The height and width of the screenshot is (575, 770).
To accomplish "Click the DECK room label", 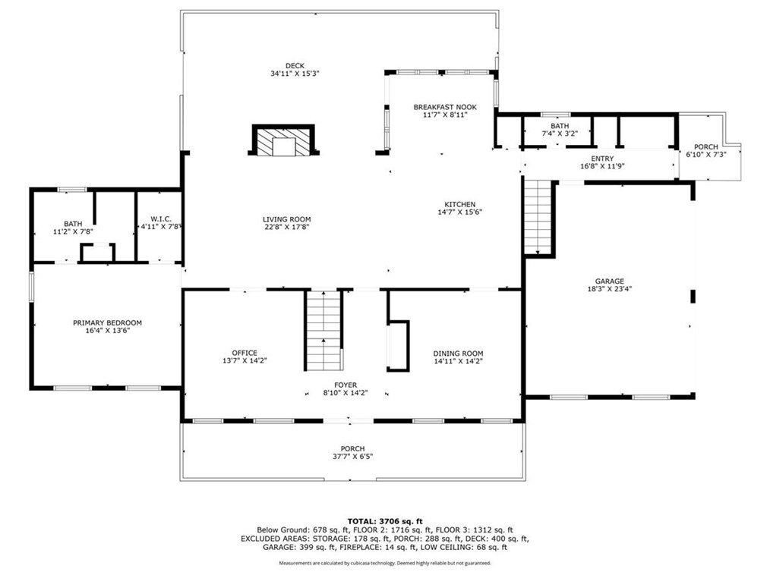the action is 295,66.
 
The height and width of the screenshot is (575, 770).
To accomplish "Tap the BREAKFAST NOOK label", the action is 445,107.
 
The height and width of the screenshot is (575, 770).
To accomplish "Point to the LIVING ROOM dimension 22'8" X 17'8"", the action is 286,227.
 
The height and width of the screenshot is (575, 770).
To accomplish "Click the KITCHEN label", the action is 459,205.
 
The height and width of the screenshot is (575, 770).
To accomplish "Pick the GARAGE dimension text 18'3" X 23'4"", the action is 610,289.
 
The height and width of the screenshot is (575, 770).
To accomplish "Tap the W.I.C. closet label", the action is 161,218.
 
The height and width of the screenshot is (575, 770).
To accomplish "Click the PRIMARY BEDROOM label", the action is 108,323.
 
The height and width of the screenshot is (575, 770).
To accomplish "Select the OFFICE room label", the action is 245,353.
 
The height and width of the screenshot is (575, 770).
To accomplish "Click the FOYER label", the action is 346,385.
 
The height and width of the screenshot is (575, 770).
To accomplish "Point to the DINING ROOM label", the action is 458,353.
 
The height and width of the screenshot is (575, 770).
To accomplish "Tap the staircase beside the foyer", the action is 323,331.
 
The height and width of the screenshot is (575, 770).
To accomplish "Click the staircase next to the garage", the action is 538,217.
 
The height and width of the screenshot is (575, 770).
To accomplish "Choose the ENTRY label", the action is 602,159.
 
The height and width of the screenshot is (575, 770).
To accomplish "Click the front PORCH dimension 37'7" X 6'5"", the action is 352,456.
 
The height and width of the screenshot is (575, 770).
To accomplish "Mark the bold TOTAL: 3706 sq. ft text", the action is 385,522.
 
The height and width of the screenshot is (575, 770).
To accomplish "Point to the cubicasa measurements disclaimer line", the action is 385,563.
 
